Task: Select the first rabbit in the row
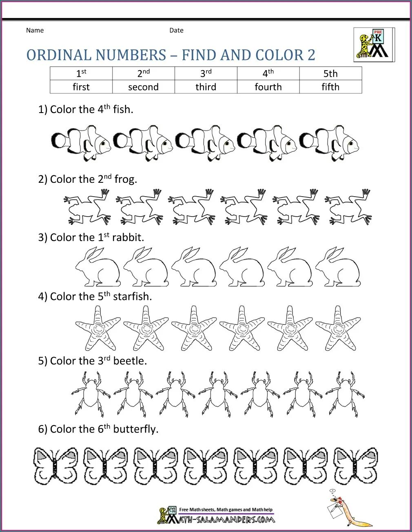pos(98,267)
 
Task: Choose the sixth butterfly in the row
pos(306,465)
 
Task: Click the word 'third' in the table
pos(206,87)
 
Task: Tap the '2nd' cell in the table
pos(144,74)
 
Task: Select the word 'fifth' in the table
pos(330,87)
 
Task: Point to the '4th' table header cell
pos(268,74)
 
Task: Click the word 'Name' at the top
pos(35,30)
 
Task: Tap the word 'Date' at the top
pos(176,30)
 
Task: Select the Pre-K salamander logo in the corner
pos(373,44)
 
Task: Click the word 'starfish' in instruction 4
pos(132,297)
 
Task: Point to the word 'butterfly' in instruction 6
pos(135,429)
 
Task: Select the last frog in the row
pos(348,207)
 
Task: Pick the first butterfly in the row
pos(55,465)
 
